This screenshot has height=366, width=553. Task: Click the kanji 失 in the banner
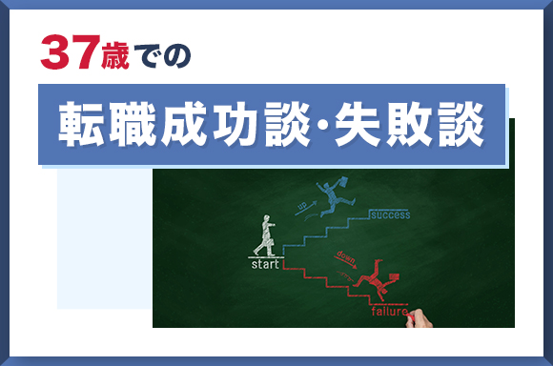[x=360, y=126]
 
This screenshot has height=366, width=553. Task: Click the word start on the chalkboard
[x=265, y=264]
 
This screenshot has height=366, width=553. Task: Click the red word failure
[x=389, y=312]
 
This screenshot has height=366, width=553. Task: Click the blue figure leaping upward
[x=333, y=198]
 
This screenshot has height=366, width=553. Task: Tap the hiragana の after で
[x=179, y=55]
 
